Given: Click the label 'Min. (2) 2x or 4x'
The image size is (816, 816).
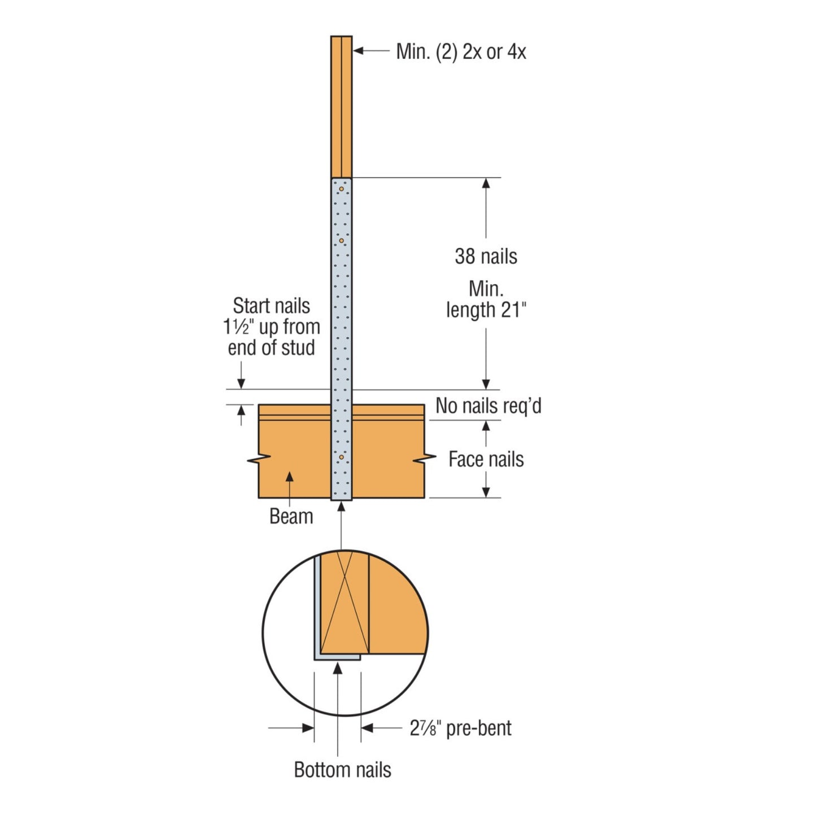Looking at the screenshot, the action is coord(461,52).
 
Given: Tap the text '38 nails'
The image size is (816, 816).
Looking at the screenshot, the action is coord(486,256).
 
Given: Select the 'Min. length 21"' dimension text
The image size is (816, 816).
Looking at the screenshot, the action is coord(486,300).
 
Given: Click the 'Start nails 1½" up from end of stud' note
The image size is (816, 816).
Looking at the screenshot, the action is coord(272,326).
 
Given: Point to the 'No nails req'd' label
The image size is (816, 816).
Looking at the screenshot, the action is coord(488,405).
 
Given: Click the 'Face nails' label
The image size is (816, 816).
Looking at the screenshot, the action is coord(486,460).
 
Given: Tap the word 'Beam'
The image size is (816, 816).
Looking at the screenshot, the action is coord(291,516).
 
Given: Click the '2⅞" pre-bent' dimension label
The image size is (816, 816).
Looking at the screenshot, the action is coord(461,727).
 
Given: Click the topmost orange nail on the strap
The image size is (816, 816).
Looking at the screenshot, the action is coord(341,189).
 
